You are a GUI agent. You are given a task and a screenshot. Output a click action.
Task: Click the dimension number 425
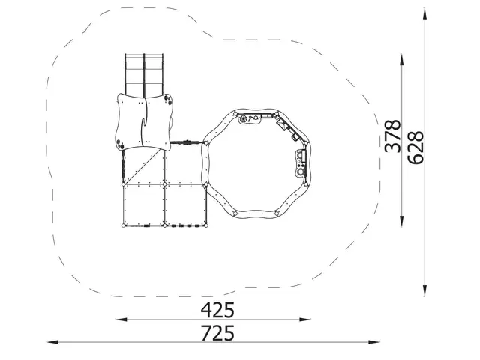(217, 309)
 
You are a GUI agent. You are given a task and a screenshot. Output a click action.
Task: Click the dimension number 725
(217, 332)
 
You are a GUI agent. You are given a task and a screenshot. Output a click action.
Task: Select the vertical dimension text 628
(415, 147)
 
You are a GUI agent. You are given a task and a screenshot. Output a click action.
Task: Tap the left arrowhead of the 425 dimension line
(118, 320)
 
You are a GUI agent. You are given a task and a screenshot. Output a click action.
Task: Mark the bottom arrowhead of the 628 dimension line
(425, 292)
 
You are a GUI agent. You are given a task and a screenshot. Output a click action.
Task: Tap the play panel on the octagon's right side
(301, 162)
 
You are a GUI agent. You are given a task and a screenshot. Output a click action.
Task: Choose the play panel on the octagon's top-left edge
(248, 118)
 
